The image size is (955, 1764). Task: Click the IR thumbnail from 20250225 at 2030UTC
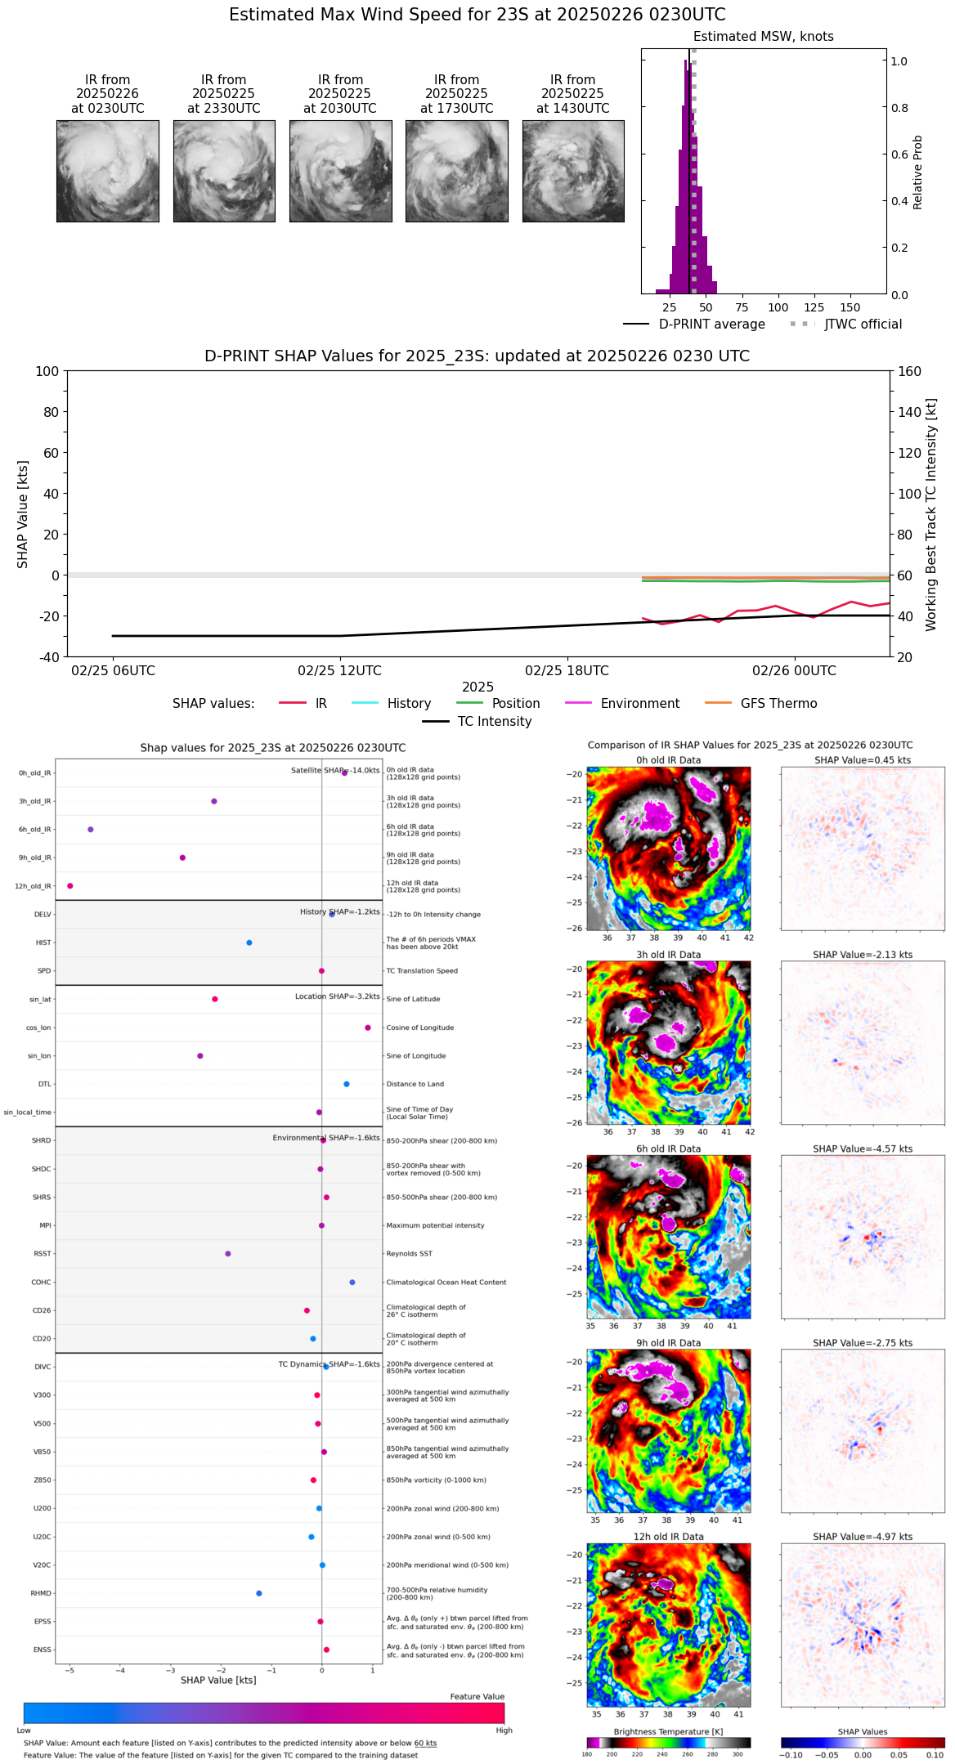[340, 171]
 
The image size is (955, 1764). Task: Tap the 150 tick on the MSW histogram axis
[850, 308]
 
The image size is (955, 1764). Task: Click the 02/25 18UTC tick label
[567, 671]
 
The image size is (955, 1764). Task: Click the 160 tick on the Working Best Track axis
[909, 372]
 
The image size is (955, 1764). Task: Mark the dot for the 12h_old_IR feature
[70, 886]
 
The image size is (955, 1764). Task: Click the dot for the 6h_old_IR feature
[91, 830]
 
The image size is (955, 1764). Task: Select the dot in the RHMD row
[259, 1593]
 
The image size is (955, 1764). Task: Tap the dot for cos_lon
[368, 1028]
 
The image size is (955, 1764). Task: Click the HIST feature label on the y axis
[43, 942]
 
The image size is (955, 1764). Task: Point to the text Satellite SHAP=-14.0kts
[335, 770]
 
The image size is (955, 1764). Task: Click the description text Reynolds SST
[409, 1254]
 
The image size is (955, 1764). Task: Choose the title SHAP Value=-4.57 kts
[863, 1148]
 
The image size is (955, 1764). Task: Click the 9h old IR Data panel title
[668, 1343]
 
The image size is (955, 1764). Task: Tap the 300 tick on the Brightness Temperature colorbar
[738, 1754]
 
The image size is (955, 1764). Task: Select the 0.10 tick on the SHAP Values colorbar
[935, 1754]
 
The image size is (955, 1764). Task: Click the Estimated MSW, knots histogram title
[763, 37]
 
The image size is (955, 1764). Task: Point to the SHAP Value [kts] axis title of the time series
[23, 514]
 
